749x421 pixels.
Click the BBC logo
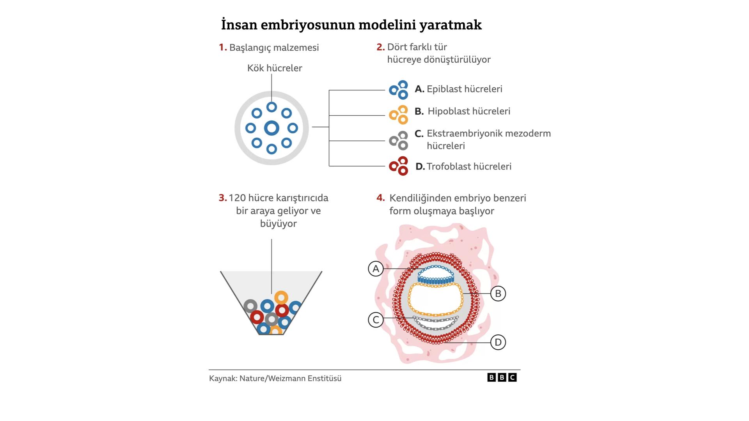tap(502, 377)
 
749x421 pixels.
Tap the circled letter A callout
tap(376, 269)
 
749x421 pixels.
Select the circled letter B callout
tap(498, 294)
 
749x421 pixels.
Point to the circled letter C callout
tap(376, 320)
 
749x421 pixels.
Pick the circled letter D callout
tap(498, 342)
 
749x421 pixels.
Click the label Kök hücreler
tap(275, 68)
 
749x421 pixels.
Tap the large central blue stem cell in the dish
tap(272, 128)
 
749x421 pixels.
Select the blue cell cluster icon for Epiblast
tap(399, 90)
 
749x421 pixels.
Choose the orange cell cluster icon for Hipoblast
tap(399, 115)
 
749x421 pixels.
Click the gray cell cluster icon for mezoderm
tap(399, 140)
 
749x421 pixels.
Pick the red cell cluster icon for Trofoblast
tap(399, 166)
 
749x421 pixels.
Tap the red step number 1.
tap(223, 48)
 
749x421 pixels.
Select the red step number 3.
tap(223, 198)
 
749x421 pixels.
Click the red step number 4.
tap(381, 198)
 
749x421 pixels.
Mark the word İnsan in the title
tap(239, 25)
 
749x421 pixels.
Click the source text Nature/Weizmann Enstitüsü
tap(290, 379)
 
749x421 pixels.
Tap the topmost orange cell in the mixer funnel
tap(281, 298)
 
